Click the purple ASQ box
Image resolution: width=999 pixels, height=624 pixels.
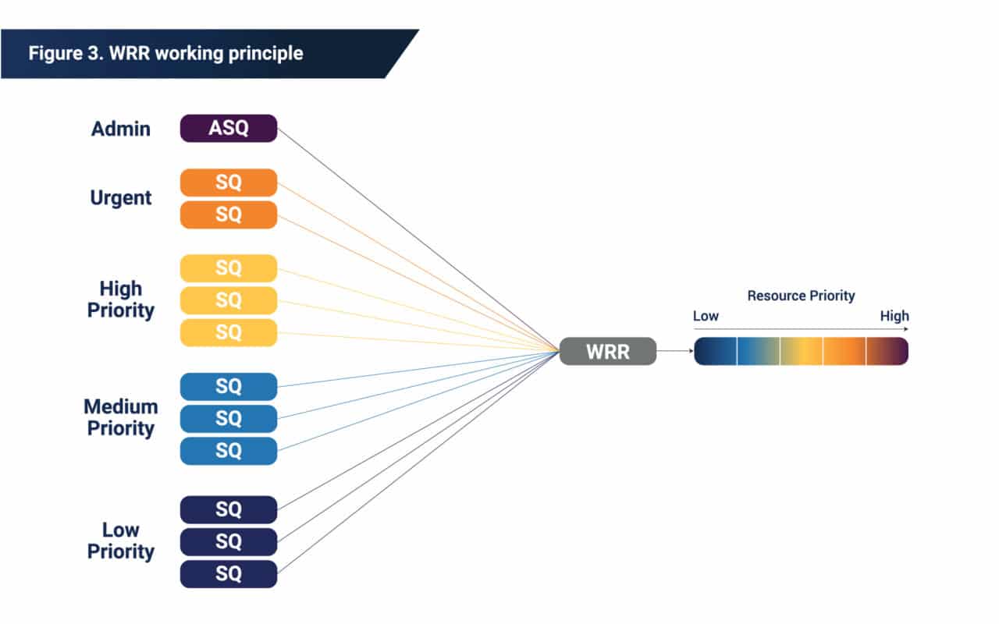coord(228,128)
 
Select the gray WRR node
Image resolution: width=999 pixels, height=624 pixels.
coord(607,352)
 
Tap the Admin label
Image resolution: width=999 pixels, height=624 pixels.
coord(121,129)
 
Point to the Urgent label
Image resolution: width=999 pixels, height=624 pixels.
coord(121,198)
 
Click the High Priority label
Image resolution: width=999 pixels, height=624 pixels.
coord(121,300)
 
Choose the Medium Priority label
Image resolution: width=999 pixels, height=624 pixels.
coord(121,417)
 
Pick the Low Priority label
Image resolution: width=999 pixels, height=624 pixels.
coord(121,541)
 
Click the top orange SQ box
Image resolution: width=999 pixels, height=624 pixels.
coord(228,183)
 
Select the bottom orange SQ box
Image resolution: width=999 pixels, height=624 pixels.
coord(228,214)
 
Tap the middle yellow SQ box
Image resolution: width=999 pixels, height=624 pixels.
coord(228,300)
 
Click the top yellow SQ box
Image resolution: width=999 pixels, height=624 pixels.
coord(228,268)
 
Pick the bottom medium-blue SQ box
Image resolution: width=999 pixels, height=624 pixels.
coord(228,451)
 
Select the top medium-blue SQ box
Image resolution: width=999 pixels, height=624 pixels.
coord(228,387)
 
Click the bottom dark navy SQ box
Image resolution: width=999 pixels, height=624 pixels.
coord(228,574)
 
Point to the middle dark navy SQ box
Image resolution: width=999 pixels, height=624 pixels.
coord(228,541)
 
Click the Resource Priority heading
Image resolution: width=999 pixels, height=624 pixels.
coord(801,296)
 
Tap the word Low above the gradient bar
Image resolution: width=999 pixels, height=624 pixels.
coord(706,316)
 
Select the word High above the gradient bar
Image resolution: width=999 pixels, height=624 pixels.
coord(894,316)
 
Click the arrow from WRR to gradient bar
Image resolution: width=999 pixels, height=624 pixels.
coord(675,352)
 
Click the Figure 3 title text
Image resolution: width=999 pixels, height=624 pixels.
coord(165,54)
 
